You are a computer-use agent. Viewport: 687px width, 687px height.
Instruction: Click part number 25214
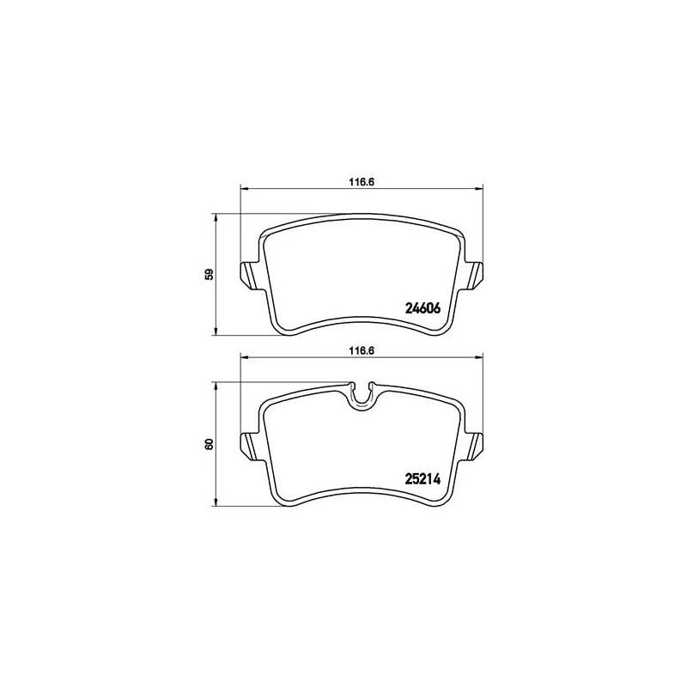click(423, 481)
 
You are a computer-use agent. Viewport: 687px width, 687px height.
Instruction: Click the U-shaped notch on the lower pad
click(364, 395)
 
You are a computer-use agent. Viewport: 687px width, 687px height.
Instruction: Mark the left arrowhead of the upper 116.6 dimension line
click(243, 189)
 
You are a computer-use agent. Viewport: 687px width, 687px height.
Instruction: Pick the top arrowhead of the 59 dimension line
click(215, 216)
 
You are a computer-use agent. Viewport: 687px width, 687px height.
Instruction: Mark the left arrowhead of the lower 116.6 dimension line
click(243, 359)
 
